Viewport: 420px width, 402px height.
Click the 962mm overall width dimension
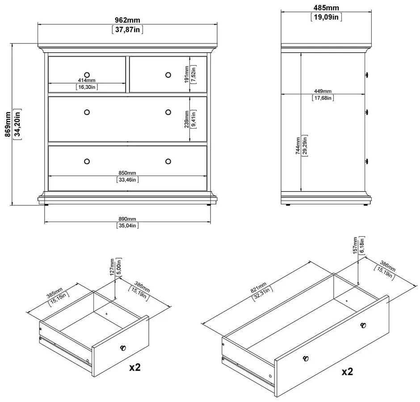127,21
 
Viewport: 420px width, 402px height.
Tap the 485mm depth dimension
326,8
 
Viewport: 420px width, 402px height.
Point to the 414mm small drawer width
86,80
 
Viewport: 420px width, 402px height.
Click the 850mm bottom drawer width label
127,173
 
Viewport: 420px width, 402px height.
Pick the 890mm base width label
127,219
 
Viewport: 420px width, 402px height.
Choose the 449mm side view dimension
323,92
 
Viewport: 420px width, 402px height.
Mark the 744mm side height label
298,145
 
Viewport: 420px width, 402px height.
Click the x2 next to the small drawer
135,367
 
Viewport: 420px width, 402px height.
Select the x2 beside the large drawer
349,371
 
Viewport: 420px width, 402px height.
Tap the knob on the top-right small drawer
168,74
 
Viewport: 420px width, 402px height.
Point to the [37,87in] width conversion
127,30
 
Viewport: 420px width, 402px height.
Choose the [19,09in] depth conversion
326,17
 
